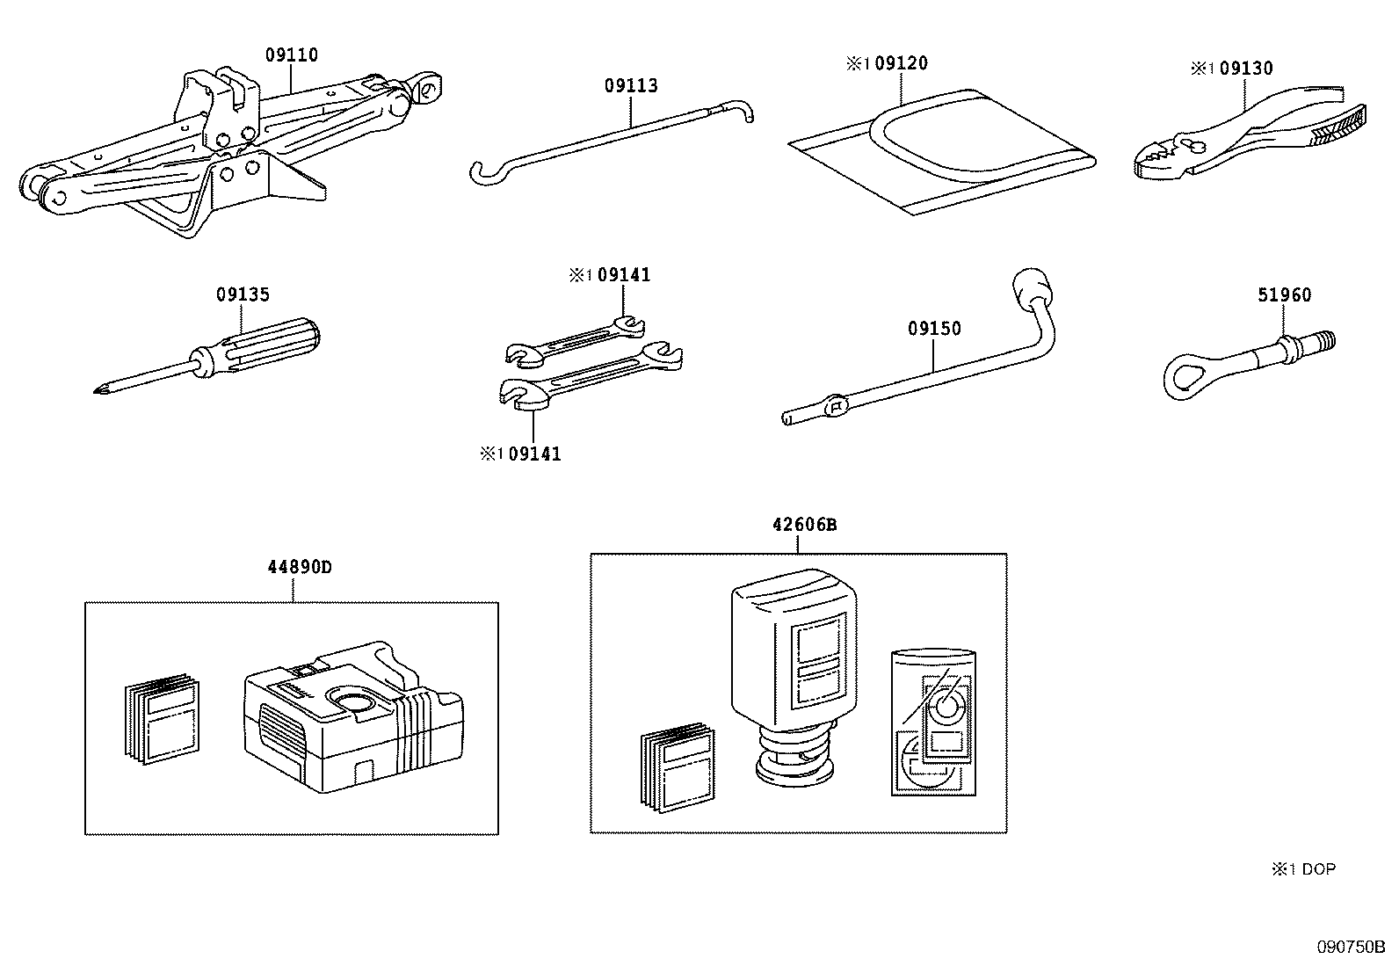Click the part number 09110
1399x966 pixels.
(x=291, y=55)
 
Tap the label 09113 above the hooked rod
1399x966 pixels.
(x=630, y=86)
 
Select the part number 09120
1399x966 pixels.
(x=902, y=63)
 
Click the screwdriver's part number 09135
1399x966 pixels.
(x=243, y=294)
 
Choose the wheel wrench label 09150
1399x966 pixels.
(x=934, y=329)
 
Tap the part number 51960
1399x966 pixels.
(x=1284, y=295)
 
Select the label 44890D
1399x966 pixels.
(x=299, y=567)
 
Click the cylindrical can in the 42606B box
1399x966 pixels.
(x=933, y=723)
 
